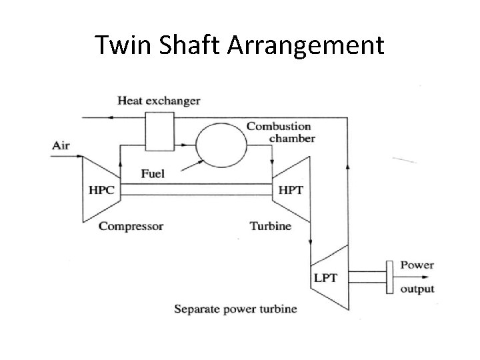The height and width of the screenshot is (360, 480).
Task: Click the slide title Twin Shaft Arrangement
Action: (x=239, y=45)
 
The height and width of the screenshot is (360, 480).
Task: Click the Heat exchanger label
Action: (x=159, y=101)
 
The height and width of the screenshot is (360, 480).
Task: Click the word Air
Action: (x=61, y=145)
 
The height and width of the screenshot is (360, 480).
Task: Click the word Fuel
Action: (x=153, y=174)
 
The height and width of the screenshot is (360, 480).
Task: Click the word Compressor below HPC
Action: (x=131, y=226)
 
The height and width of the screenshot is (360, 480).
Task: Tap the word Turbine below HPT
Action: (x=270, y=226)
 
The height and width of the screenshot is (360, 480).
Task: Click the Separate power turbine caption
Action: (x=235, y=309)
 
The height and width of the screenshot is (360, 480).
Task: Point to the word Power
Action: (x=417, y=265)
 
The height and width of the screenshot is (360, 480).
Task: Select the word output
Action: (x=417, y=289)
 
